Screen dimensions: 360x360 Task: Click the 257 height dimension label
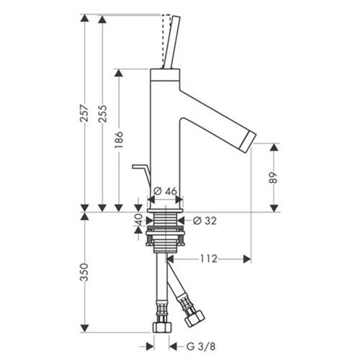pos(84,113)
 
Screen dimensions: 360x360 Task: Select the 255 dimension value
pos(103,113)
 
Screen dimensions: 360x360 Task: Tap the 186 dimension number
pos(119,140)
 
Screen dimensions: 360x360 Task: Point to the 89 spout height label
pos(273,178)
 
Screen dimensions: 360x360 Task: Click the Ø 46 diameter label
pos(166,192)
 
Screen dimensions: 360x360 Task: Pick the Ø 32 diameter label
pos(204,221)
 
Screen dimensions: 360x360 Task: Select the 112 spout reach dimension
pos(209,258)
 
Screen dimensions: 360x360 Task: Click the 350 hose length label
pos(84,272)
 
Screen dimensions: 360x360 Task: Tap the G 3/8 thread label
pos(201,346)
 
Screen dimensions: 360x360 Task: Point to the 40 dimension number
pos(138,220)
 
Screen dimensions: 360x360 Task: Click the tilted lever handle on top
pos(171,42)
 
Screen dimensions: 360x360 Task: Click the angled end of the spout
pos(250,142)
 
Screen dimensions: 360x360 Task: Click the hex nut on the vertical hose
pos(162,328)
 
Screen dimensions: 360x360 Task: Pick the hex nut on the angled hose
pos(194,318)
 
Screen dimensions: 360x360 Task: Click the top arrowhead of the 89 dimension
pos(274,147)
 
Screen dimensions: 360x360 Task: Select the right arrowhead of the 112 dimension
pos(247,259)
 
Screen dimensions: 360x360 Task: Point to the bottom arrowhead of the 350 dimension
pos(84,328)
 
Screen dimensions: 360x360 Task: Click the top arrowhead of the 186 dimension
pos(119,73)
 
